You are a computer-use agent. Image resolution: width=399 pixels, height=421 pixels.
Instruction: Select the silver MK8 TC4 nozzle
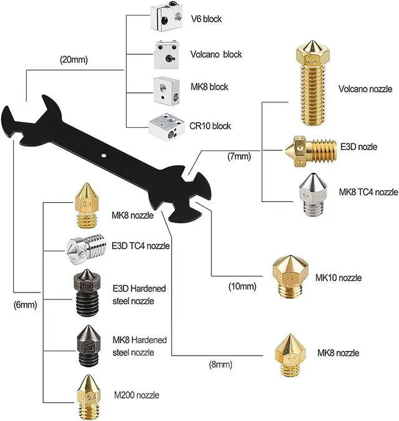(310, 195)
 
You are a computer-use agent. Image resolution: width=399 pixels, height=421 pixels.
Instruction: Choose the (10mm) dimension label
(243, 287)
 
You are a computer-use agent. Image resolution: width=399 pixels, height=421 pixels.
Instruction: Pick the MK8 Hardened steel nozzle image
(87, 345)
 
